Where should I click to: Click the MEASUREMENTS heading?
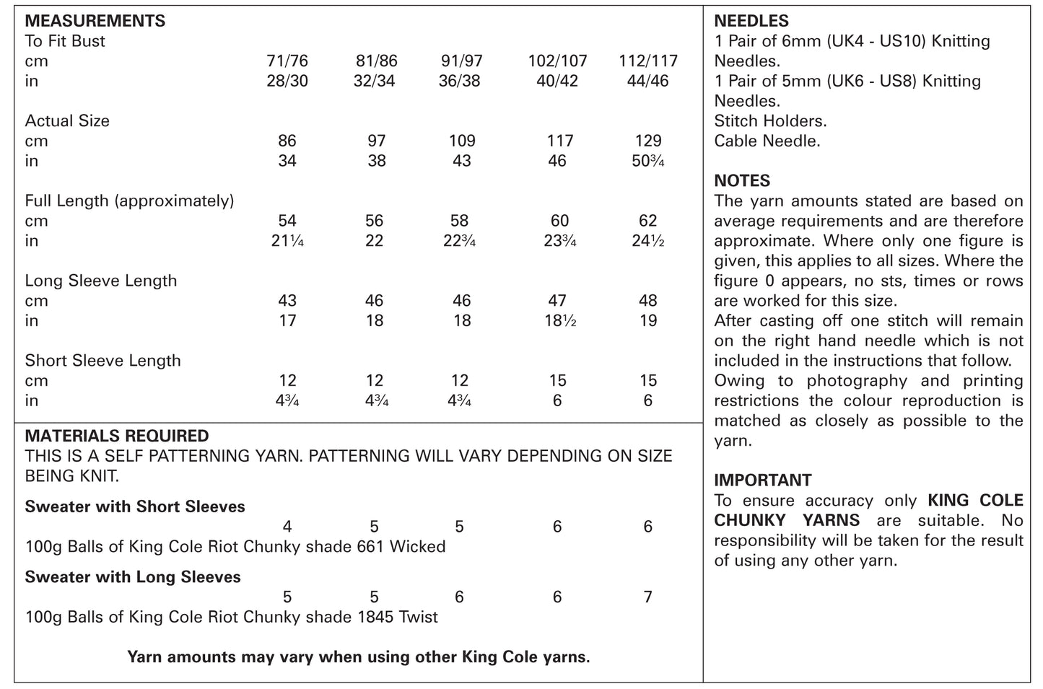[x=95, y=21]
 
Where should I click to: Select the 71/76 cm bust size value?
[x=287, y=61]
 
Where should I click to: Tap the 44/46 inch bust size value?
[x=647, y=81]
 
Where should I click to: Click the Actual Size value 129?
[x=647, y=141]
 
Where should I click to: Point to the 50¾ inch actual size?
[x=647, y=161]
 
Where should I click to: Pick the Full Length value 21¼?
[x=287, y=241]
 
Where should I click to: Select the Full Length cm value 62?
[x=647, y=221]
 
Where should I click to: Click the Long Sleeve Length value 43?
[x=287, y=301]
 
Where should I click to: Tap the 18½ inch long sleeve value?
[x=557, y=321]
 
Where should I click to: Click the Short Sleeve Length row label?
[x=102, y=361]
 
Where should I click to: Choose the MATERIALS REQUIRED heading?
[x=117, y=436]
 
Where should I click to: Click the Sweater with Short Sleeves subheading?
[x=135, y=506]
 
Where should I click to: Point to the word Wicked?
[x=417, y=547]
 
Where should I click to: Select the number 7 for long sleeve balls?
[x=647, y=597]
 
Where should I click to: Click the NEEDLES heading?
[x=751, y=22]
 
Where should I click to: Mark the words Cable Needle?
[x=767, y=141]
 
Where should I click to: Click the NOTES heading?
[x=742, y=180]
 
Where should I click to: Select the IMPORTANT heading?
[x=762, y=480]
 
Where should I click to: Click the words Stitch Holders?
[x=770, y=121]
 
